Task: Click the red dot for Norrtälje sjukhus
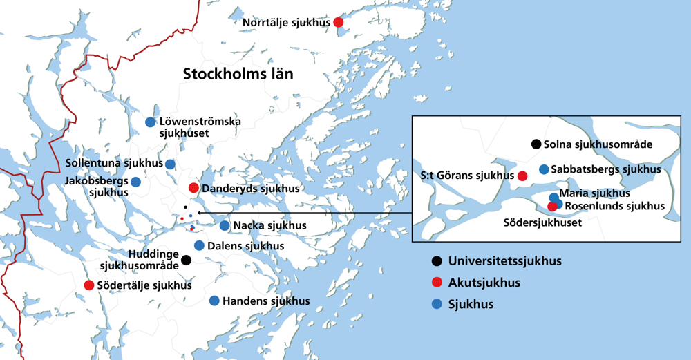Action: (339, 22)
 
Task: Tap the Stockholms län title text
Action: (238, 74)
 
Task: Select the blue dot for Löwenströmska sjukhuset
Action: (150, 122)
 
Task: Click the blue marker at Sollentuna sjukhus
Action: (170, 164)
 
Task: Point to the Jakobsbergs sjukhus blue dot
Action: (136, 182)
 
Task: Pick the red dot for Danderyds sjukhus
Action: (193, 188)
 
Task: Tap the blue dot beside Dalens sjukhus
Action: (199, 245)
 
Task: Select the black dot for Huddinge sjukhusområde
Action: (186, 260)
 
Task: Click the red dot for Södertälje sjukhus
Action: (89, 285)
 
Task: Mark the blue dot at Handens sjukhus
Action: (214, 301)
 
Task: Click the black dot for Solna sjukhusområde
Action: (536, 144)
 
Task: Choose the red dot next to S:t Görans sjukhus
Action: (522, 176)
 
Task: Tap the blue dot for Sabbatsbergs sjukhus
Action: (544, 169)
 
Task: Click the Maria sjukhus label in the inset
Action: (594, 193)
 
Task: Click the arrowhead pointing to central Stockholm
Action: (200, 213)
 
